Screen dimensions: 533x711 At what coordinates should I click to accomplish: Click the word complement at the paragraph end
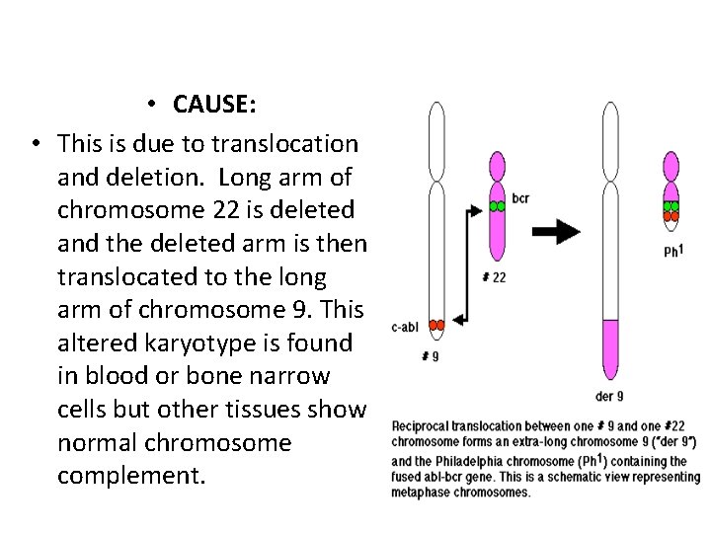(132, 476)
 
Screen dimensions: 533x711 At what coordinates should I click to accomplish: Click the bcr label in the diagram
(521, 198)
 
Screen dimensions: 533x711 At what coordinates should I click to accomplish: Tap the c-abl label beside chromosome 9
(406, 327)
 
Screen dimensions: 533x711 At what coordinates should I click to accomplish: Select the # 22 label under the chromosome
(495, 277)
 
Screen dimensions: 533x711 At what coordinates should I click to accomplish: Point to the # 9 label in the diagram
(431, 355)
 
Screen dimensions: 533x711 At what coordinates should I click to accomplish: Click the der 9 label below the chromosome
(609, 398)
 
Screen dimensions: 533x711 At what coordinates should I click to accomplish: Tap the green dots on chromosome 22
(497, 206)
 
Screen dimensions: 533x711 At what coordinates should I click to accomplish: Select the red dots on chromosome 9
(435, 325)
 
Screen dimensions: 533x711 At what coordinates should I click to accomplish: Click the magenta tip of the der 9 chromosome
(610, 349)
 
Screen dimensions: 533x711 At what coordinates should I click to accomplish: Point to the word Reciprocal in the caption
(422, 425)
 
